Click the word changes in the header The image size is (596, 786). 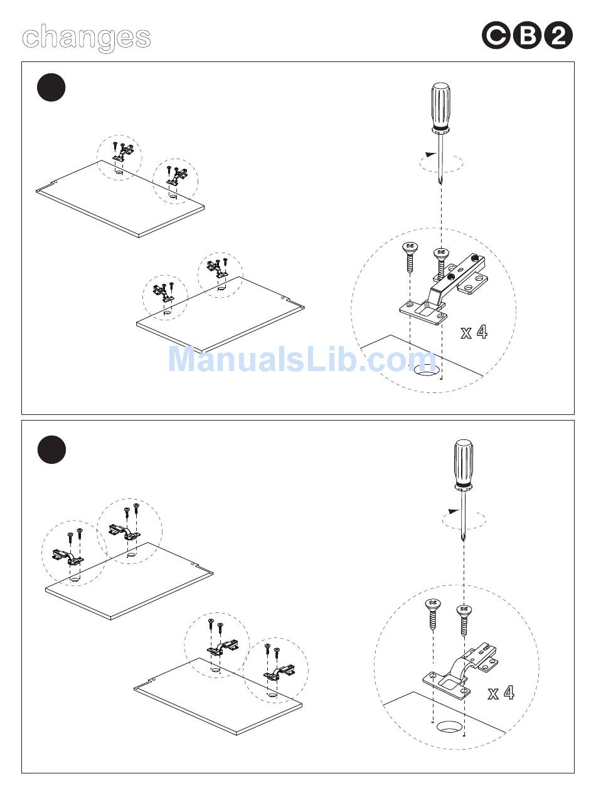point(87,38)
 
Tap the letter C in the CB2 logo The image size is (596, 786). point(496,36)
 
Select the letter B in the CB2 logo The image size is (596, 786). point(527,36)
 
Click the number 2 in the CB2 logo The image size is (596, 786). point(558,36)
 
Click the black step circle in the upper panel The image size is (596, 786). point(51,87)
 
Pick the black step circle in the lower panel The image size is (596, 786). point(51,450)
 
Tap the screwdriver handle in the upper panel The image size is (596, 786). point(441,107)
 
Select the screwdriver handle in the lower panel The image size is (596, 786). point(464,464)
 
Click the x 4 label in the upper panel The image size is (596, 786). point(474,332)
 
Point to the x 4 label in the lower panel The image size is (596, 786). point(501,693)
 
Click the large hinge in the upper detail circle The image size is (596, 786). point(444,290)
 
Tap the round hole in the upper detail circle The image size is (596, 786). point(426,370)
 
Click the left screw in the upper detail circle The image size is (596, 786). point(410,257)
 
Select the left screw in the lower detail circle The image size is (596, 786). point(434,614)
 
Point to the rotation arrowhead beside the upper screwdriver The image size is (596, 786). point(430,155)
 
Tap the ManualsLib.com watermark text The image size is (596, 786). point(302,359)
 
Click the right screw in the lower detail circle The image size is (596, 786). point(464,620)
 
